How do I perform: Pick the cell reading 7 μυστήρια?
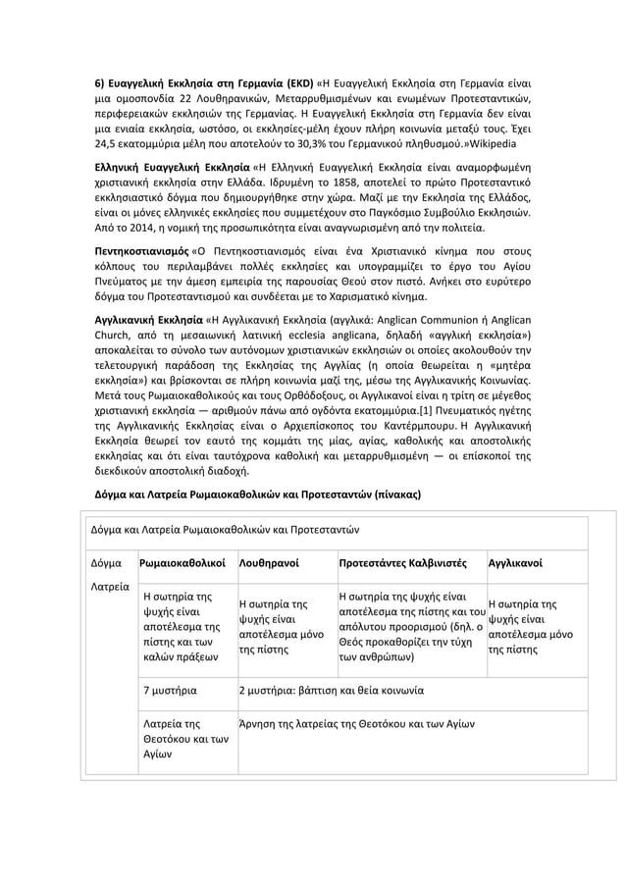[169, 690]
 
